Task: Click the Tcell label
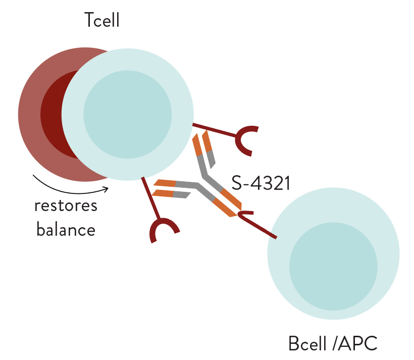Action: [x=102, y=20]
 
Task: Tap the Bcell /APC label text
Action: [x=333, y=343]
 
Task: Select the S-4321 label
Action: [x=261, y=183]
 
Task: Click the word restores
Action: [x=66, y=206]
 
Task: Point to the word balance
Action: [x=66, y=229]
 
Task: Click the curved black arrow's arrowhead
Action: [x=106, y=189]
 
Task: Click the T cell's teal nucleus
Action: [x=128, y=115]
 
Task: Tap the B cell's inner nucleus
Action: [x=333, y=267]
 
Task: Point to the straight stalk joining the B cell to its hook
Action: [x=258, y=226]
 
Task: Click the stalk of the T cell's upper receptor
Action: [x=214, y=130]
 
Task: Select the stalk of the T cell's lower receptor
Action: [x=150, y=198]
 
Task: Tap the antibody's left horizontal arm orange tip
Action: [x=164, y=188]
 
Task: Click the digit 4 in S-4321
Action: [x=257, y=183]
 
